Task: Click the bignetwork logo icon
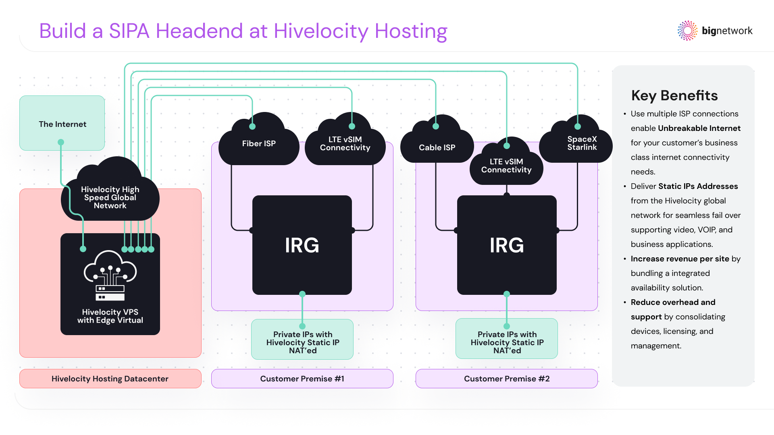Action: (x=687, y=31)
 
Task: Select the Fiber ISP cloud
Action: (x=258, y=144)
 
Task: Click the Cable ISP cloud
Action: (x=437, y=147)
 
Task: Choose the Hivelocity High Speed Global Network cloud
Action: (x=110, y=197)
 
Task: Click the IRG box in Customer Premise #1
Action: (x=302, y=245)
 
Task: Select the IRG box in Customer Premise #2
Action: (x=507, y=245)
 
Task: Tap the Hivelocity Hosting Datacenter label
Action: (x=110, y=379)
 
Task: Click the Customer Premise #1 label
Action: (x=302, y=379)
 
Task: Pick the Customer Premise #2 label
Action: (x=507, y=379)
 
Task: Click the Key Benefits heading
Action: (x=674, y=95)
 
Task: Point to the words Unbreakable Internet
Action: (x=699, y=128)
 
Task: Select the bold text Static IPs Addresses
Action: (x=698, y=186)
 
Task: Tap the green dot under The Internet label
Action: (x=61, y=142)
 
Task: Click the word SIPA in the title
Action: (x=129, y=31)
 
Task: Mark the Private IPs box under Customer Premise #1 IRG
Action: (x=302, y=342)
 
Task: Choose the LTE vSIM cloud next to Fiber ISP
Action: (x=345, y=144)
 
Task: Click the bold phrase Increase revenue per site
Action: (x=680, y=259)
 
